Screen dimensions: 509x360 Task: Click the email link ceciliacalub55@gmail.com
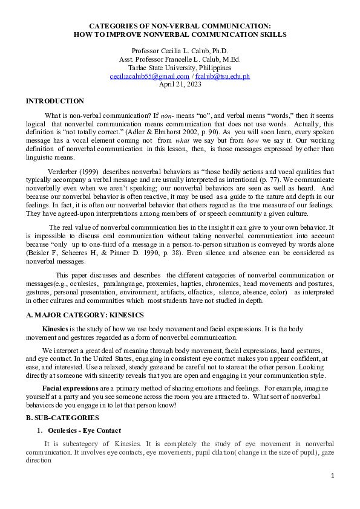tap(149, 77)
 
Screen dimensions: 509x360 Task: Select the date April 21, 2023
tap(180, 85)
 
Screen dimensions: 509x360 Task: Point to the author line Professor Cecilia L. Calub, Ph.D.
tap(180, 51)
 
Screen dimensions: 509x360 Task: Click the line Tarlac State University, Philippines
tap(180, 68)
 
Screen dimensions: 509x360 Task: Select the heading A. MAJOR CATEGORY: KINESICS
tap(85, 316)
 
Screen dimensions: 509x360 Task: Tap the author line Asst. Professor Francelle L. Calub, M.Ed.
tap(180, 59)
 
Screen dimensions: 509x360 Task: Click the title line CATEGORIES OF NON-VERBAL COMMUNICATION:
tap(180, 27)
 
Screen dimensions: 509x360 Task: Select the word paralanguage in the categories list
tap(122, 282)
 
